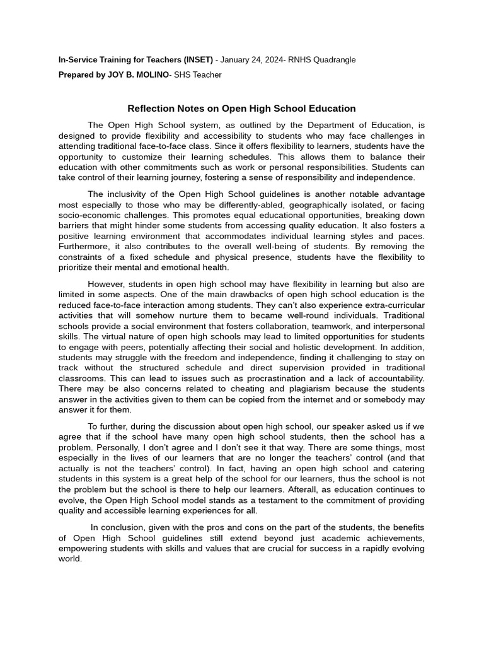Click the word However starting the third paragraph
pos(107,284)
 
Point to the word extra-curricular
pos(389,305)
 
